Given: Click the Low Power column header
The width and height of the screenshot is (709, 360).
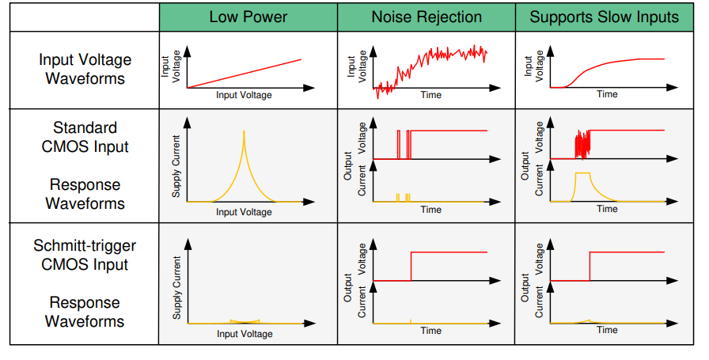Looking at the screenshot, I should (248, 17).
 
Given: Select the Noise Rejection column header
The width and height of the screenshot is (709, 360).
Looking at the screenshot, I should (427, 17).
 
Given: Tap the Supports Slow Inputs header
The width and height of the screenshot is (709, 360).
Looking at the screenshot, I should (605, 17).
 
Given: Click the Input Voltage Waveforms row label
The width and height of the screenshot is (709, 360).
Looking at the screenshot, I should (85, 69).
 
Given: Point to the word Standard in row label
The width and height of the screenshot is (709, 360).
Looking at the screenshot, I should (85, 127).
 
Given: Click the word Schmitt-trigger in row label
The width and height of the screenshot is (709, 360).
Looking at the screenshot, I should (85, 245).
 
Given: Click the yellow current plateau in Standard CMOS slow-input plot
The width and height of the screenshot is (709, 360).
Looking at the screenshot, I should (582, 172).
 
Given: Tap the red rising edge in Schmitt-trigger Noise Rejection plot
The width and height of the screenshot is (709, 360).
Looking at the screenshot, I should (411, 267).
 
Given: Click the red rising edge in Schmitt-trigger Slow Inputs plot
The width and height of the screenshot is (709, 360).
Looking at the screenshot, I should (590, 267).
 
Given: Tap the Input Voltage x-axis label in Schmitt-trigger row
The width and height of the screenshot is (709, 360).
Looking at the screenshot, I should (245, 334).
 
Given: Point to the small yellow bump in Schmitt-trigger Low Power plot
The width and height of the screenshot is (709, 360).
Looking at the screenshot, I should (244, 320).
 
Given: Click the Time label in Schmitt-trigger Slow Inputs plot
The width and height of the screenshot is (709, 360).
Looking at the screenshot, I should (607, 330).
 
